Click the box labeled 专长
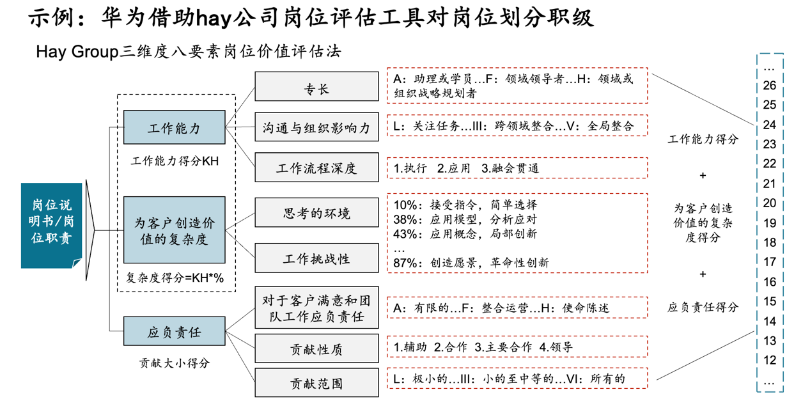[x=316, y=86]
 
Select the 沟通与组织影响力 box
[x=316, y=127]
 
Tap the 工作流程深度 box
[x=316, y=168]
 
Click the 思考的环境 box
[x=316, y=213]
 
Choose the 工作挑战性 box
[x=316, y=258]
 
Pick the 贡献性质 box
[x=316, y=349]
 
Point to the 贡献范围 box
[x=316, y=382]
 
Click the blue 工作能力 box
[x=174, y=127]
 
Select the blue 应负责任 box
[x=174, y=332]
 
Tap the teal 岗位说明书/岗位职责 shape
[x=52, y=225]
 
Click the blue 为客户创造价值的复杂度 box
[x=174, y=231]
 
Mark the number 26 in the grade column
[x=770, y=86]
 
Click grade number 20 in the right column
[x=770, y=203]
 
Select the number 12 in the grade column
[x=770, y=361]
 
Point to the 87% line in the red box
[x=472, y=262]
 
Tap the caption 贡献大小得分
[x=174, y=363]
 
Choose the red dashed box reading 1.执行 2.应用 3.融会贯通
[x=517, y=168]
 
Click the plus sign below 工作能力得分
[x=703, y=175]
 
